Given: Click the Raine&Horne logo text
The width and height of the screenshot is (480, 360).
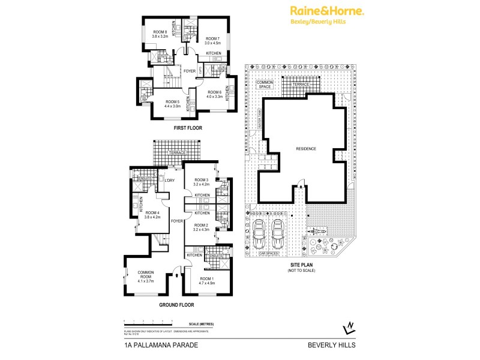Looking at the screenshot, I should (x=327, y=10).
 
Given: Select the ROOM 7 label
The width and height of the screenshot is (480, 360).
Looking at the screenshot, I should (x=212, y=40).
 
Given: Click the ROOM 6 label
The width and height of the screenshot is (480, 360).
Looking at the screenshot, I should (x=214, y=93).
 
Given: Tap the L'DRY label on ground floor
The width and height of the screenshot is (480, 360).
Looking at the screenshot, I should (x=170, y=180).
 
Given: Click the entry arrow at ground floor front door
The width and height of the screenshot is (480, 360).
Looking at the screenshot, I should (x=176, y=276).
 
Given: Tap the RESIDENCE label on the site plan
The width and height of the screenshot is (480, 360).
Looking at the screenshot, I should (x=305, y=148).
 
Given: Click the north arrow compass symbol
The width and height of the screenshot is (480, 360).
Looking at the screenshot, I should (x=348, y=327).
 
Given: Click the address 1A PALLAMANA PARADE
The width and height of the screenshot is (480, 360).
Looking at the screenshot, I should (x=155, y=345).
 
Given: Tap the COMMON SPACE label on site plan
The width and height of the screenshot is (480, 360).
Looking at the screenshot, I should (x=265, y=85).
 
